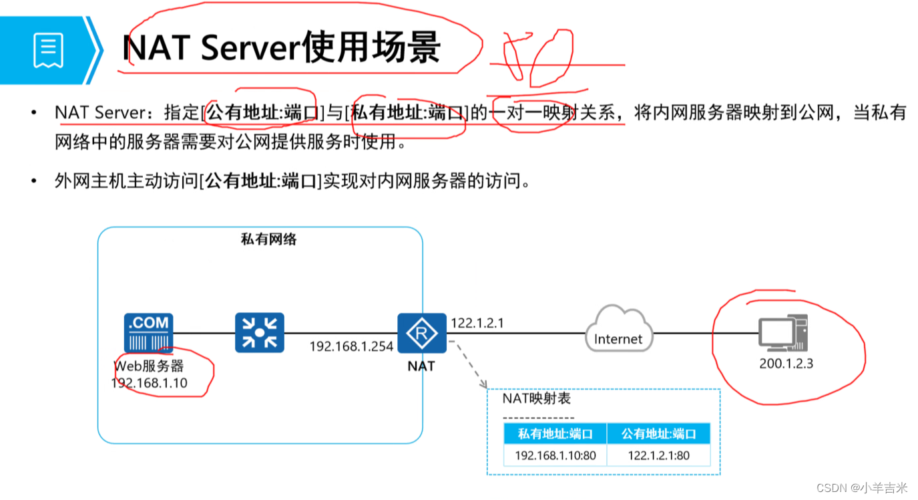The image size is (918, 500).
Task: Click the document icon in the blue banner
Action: coord(48,51)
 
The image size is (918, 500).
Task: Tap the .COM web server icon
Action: coord(148,333)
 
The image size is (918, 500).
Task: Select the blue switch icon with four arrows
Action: coord(260,333)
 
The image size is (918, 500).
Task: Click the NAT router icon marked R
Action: coord(422,333)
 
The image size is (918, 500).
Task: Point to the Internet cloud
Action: coord(618,331)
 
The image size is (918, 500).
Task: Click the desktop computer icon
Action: coord(783,333)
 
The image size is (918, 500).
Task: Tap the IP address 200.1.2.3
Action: coord(786,364)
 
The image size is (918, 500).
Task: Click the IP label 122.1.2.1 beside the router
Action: coord(477,324)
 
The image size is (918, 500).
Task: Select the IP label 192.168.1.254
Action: coord(351,346)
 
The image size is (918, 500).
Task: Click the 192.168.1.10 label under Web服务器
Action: coord(149,383)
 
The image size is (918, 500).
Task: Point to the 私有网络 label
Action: coord(268,239)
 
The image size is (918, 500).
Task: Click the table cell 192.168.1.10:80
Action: coord(555,455)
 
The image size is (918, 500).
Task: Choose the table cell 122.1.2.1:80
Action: coord(659,455)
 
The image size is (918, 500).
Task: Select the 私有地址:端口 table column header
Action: coord(555,434)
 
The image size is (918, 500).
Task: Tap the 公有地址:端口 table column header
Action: coord(659,434)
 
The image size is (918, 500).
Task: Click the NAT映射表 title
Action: coord(536,399)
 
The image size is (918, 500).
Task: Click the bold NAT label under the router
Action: coord(421,366)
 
